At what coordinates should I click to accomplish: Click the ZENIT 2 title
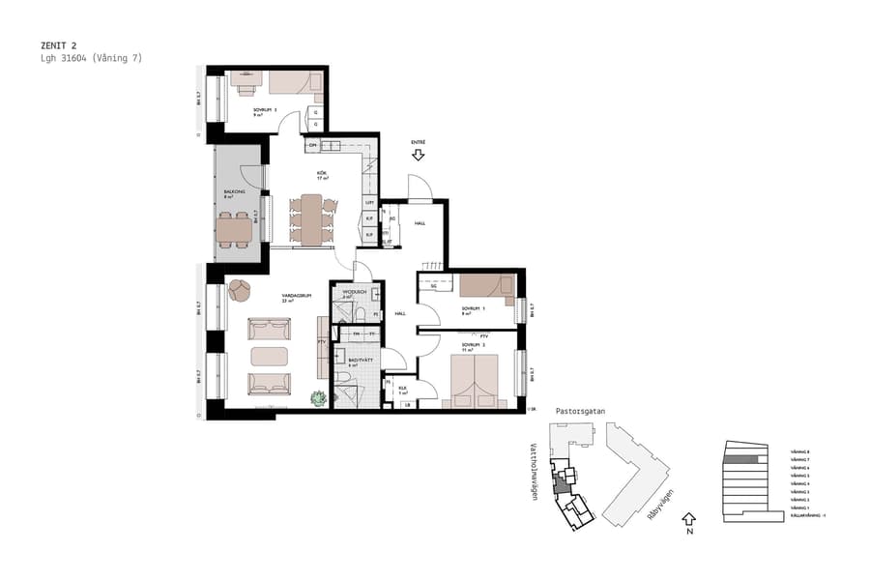59,45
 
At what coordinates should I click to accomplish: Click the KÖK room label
323,175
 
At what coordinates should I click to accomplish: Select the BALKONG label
234,191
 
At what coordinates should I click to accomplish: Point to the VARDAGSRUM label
295,297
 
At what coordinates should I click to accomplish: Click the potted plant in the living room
318,397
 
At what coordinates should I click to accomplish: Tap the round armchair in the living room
239,289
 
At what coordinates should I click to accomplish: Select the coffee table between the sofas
270,357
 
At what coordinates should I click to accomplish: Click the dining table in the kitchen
311,219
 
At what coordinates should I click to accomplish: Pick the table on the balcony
234,229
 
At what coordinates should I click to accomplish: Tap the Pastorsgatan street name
580,411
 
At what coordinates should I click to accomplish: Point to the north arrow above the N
688,519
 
